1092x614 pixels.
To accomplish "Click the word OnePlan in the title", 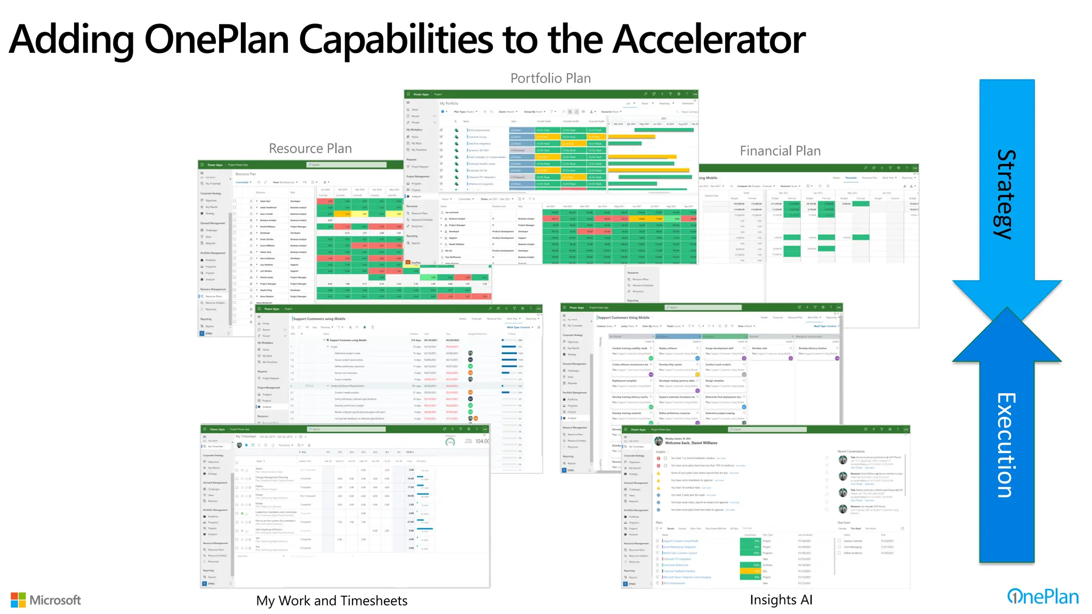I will pyautogui.click(x=216, y=39).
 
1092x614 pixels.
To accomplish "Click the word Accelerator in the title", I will pyautogui.click(x=708, y=39).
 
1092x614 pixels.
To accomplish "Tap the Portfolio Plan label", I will pyautogui.click(x=550, y=78).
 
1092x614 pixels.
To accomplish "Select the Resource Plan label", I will pyautogui.click(x=310, y=149).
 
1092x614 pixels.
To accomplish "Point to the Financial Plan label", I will pyautogui.click(x=780, y=151).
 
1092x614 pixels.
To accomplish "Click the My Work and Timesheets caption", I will pyautogui.click(x=331, y=601).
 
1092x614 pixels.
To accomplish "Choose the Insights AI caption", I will pyautogui.click(x=781, y=600).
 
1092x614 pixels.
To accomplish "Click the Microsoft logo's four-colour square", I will pyautogui.click(x=18, y=600).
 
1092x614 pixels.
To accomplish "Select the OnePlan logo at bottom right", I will pyautogui.click(x=1042, y=597).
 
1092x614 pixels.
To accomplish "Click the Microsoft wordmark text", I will pyautogui.click(x=55, y=600).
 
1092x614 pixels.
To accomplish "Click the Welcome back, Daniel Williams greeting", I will pyautogui.click(x=691, y=443).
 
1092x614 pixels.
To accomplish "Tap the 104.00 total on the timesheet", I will pyautogui.click(x=481, y=441).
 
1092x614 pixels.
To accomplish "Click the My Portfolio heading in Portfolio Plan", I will pyautogui.click(x=449, y=103).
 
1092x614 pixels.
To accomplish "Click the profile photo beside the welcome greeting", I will pyautogui.click(x=659, y=441).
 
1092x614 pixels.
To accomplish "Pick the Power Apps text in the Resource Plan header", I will pyautogui.click(x=215, y=165).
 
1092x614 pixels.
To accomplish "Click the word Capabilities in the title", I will pyautogui.click(x=395, y=39).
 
